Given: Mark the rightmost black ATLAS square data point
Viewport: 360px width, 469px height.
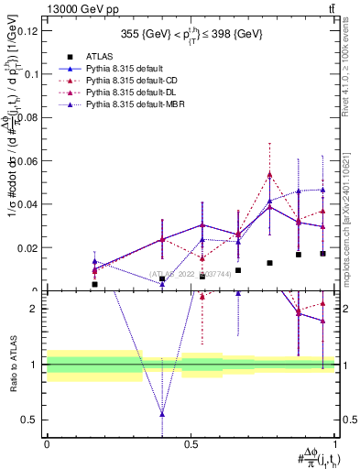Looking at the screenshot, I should pos(322,254).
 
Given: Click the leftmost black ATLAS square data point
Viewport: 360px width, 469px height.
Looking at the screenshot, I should pos(94,284).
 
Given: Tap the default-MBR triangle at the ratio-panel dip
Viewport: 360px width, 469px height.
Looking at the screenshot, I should pos(162,414).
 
